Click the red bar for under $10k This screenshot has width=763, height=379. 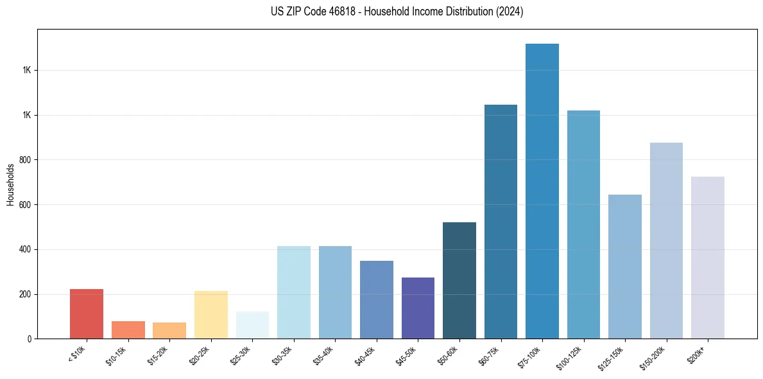[x=87, y=314]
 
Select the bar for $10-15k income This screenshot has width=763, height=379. [x=128, y=330]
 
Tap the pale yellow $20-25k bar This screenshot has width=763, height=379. [x=210, y=315]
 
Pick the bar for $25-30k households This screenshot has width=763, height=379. [x=252, y=325]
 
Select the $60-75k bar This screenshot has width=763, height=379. [x=501, y=222]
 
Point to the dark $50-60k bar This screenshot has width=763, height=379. [x=459, y=281]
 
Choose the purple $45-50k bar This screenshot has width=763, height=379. [x=418, y=308]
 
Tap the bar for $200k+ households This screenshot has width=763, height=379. [x=708, y=258]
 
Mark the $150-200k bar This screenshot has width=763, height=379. [x=666, y=241]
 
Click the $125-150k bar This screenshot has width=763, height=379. [x=625, y=267]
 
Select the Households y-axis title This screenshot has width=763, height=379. [x=10, y=184]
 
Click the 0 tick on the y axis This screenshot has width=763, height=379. [x=29, y=339]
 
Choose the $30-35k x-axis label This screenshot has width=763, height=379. [x=286, y=354]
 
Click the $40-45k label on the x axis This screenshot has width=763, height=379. [x=369, y=354]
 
